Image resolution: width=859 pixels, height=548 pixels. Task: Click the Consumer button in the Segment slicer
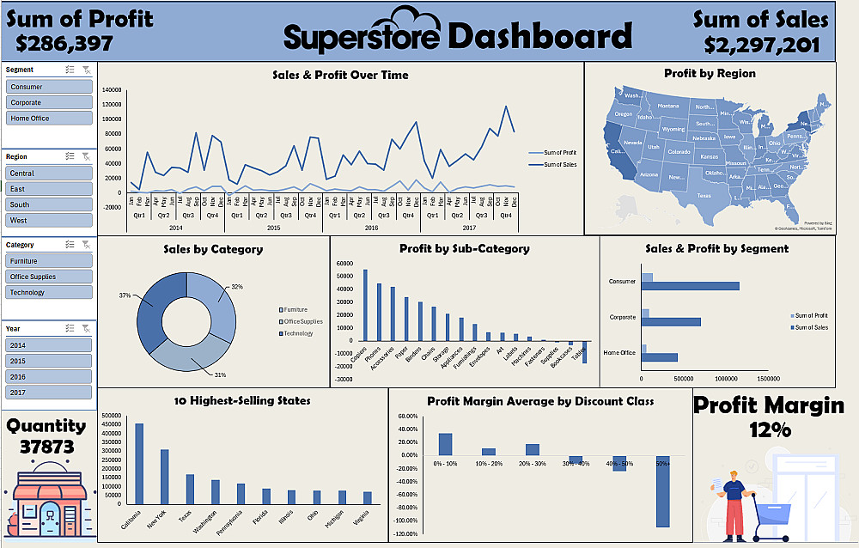(49, 87)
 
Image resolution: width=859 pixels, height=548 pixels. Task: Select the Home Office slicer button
(49, 118)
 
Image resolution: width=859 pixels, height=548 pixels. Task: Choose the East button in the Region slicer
(49, 189)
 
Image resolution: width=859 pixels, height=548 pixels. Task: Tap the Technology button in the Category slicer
(49, 292)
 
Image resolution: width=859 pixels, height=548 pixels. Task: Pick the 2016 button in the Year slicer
(49, 376)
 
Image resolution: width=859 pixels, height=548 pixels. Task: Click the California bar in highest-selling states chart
(139, 464)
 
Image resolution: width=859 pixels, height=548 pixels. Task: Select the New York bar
(164, 477)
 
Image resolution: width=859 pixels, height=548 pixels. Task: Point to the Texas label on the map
(704, 196)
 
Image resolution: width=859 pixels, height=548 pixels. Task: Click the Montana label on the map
(667, 106)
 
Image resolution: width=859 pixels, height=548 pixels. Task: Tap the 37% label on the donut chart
(125, 295)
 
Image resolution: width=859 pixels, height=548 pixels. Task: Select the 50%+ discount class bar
(662, 491)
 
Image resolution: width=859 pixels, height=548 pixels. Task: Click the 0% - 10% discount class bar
(445, 444)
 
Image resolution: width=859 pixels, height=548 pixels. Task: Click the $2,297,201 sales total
(761, 45)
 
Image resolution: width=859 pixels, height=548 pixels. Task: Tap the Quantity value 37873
(47, 448)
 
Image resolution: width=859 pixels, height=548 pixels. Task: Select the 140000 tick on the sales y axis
(113, 90)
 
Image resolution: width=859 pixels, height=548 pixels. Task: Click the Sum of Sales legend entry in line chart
(561, 164)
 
